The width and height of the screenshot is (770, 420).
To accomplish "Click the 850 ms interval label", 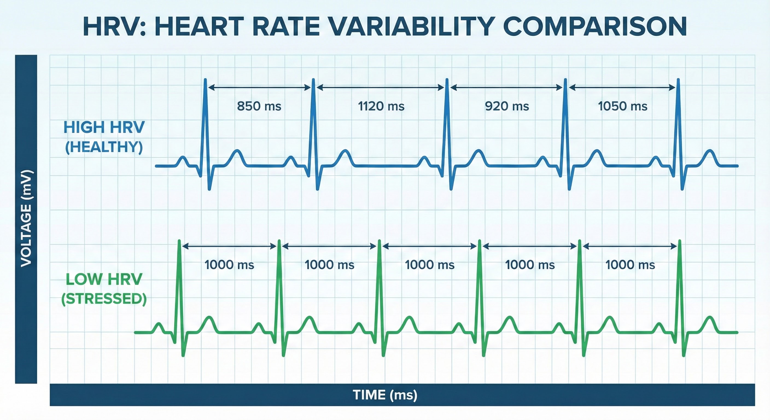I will (x=259, y=106).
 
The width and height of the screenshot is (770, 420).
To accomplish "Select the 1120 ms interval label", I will (x=381, y=106).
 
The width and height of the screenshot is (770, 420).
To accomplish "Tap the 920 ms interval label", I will (x=507, y=106).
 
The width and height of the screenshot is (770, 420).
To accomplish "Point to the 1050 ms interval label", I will (x=623, y=106).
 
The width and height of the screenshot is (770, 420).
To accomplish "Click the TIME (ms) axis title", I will (x=385, y=395).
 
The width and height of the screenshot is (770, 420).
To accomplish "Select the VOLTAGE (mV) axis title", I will (x=26, y=218).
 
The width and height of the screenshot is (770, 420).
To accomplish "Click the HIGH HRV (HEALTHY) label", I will (x=104, y=137).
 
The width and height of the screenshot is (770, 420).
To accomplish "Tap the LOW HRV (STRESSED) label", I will (x=104, y=289).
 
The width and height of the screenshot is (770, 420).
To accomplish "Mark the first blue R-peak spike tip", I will (x=205, y=80).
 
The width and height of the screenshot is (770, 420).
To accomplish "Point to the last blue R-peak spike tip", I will (x=678, y=80).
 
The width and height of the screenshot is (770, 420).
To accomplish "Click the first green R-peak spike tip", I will (x=179, y=241).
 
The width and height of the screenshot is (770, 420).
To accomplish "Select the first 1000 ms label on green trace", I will (x=229, y=265).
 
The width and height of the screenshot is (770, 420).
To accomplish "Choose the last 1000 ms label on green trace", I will (x=630, y=265).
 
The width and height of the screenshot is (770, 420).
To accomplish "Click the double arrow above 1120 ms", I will (x=380, y=87).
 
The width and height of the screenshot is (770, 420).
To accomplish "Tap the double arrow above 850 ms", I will (x=259, y=87).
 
